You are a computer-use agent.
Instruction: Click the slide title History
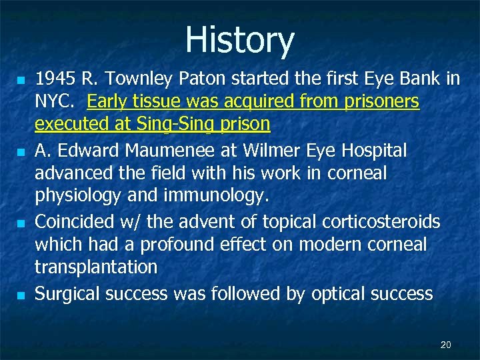[239, 40]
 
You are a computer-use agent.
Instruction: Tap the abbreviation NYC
[55, 102]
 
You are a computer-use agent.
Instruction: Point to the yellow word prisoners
[381, 102]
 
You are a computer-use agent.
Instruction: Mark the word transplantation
[96, 267]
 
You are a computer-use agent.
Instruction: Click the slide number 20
[446, 345]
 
